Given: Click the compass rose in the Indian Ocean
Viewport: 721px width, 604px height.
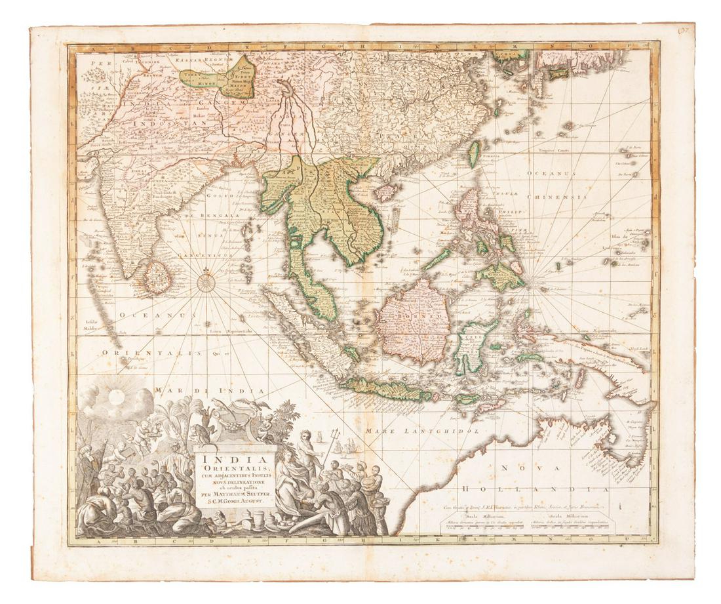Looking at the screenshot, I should click(206, 283).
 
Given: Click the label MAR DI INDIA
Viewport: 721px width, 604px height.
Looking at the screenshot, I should click(209, 391).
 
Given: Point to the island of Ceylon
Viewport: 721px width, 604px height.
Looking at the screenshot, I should click(158, 277).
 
